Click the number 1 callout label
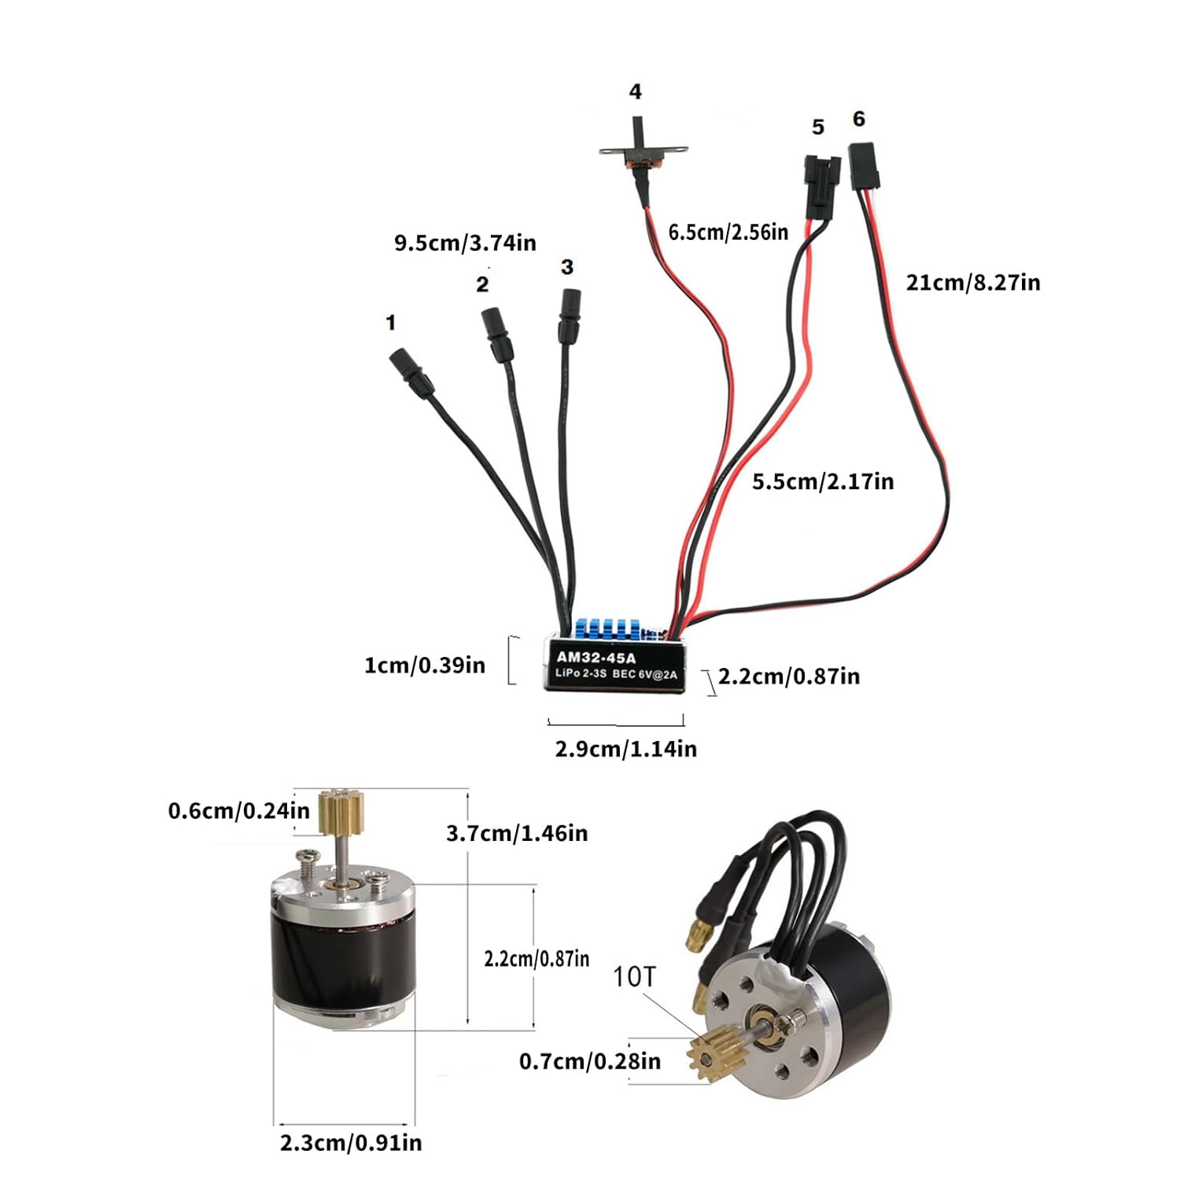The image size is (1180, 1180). point(390,323)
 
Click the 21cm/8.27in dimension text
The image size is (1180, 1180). point(972,282)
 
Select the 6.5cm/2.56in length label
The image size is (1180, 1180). point(728,232)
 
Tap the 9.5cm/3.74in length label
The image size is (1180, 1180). point(465,242)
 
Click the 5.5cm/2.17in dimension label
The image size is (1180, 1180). point(823,481)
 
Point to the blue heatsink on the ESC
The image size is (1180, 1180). point(605,629)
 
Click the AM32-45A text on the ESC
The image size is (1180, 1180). point(596,657)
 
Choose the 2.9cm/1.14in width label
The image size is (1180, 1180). point(625,748)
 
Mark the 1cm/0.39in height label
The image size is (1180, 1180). point(424,666)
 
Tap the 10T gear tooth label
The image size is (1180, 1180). point(633,976)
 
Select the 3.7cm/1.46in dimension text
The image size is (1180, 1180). point(517,833)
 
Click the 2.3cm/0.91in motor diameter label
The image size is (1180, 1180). point(350,1142)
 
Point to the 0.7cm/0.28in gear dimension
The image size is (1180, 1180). point(589,1061)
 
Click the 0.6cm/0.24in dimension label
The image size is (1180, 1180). point(238,810)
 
